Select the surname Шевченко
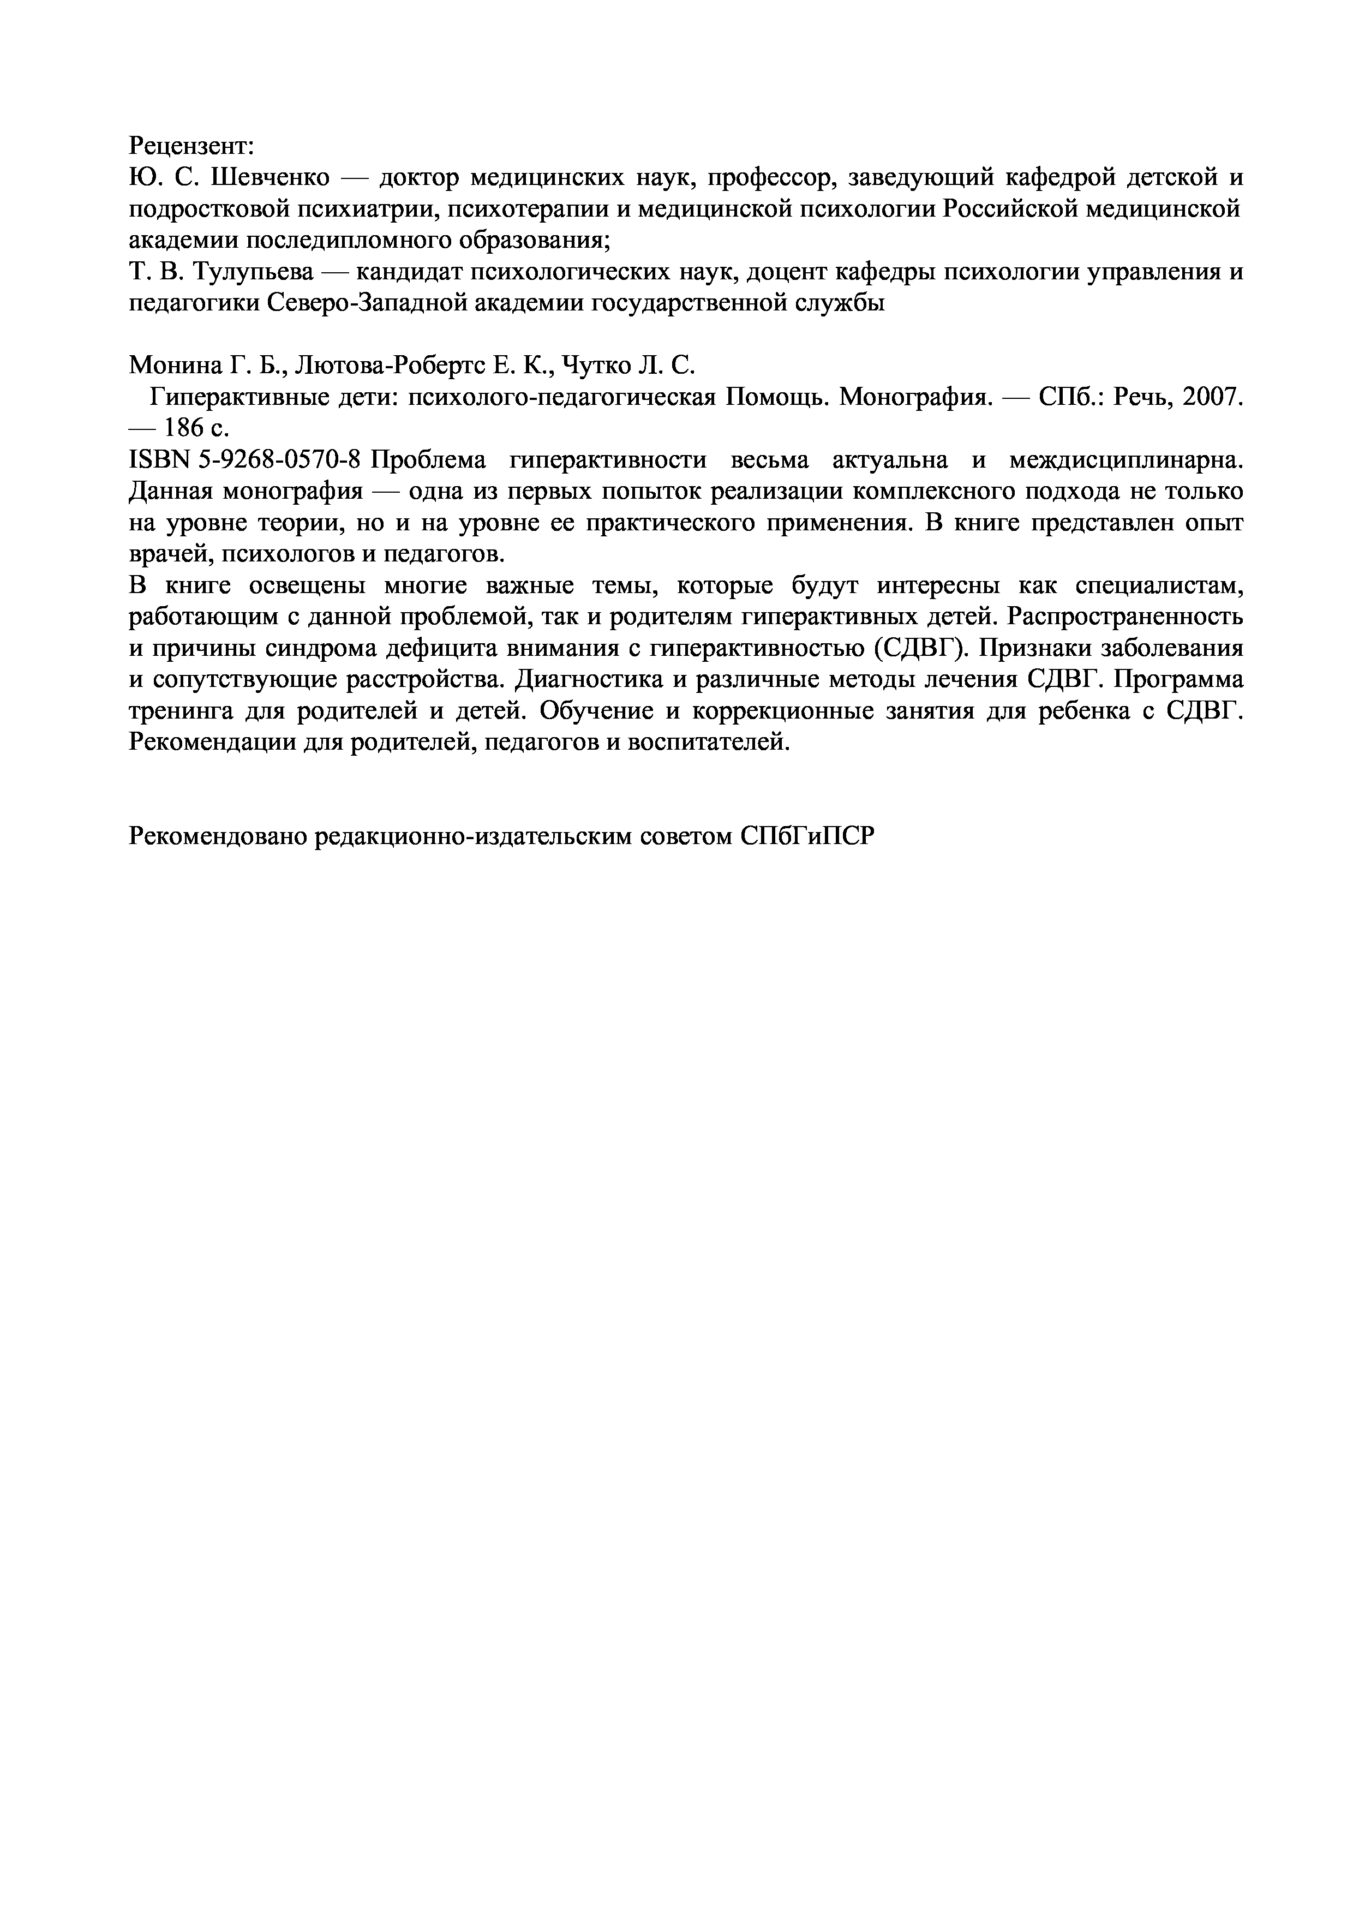[x=272, y=177]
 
